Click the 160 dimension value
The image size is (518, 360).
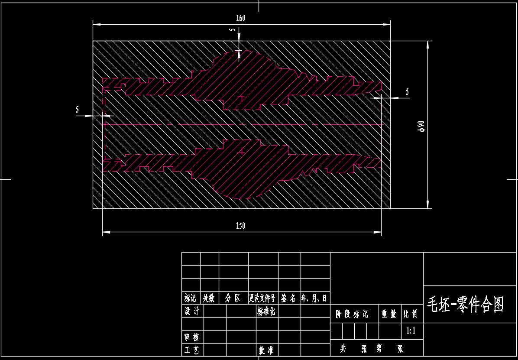click(x=240, y=18)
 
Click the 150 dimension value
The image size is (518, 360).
click(x=240, y=226)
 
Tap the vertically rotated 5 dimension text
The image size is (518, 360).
click(x=233, y=30)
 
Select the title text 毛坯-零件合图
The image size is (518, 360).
click(x=466, y=305)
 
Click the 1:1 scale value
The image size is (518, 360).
click(x=411, y=331)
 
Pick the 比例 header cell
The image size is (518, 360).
click(x=411, y=314)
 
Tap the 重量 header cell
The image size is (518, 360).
click(x=388, y=314)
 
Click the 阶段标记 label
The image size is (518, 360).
click(x=352, y=314)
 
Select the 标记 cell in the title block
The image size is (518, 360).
click(x=191, y=298)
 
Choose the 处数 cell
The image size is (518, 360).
click(x=209, y=298)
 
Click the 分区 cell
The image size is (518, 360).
click(x=233, y=298)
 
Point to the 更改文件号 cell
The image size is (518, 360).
click(x=262, y=298)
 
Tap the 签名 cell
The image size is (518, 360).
click(x=288, y=298)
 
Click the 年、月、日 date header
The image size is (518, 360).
click(x=315, y=298)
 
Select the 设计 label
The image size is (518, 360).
click(x=191, y=311)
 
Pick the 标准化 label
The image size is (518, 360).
click(x=266, y=311)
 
